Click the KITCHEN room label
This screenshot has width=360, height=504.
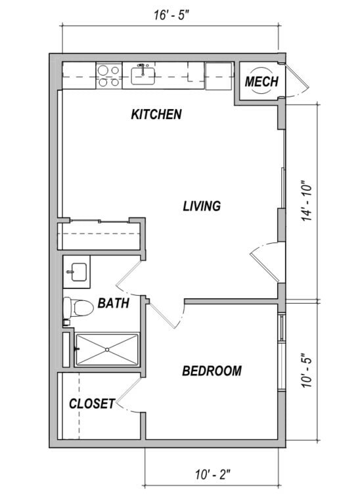156,114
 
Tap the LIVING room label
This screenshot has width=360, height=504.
202,206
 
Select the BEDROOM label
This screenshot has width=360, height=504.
212,371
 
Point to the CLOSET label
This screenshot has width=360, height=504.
92,403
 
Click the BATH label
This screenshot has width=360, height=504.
114,303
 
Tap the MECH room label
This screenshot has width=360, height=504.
261,81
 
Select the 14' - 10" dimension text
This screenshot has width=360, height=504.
307,203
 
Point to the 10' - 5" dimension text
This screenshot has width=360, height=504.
307,371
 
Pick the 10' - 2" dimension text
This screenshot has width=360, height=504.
213,474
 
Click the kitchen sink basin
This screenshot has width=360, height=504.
143,76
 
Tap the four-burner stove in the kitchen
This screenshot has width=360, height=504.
109,76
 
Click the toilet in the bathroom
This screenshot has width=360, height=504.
78,308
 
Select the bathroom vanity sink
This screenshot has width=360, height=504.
79,272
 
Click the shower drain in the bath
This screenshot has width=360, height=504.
107,350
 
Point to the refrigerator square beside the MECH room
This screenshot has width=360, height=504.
219,76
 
